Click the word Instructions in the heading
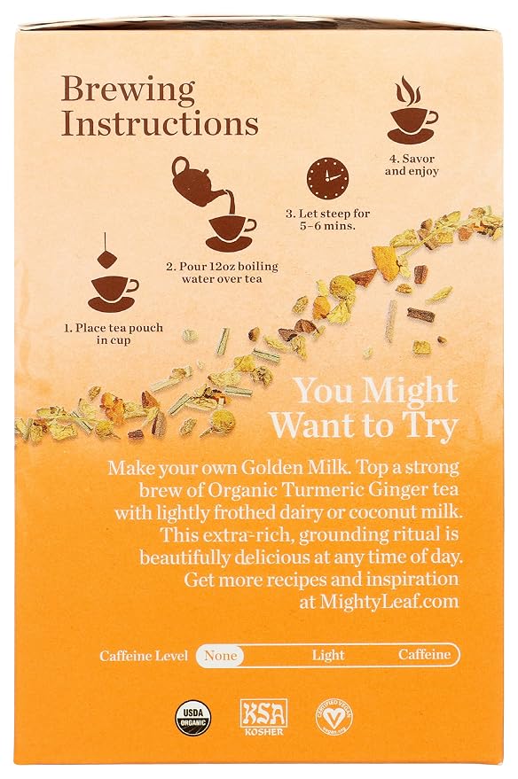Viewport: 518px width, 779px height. coord(160,124)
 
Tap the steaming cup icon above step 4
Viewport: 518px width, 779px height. coord(412,110)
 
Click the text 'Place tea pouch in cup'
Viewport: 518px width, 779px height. coord(114,334)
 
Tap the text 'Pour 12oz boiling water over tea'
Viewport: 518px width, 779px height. coord(222,272)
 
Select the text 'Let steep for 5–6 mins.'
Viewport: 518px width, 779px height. coord(327,219)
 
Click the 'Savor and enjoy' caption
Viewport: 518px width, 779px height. coord(412,165)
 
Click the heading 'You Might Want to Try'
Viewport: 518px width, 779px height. coord(365,409)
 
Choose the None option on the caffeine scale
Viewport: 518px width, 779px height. coord(220,655)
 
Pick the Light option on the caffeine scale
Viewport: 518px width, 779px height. coord(328,655)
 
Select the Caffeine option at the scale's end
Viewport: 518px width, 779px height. coord(424,655)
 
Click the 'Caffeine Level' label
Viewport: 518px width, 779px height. coord(144,656)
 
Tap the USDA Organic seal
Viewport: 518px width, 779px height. coord(192,717)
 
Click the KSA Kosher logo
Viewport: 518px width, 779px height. coord(263,717)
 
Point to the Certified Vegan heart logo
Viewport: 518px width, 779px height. coord(334,717)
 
